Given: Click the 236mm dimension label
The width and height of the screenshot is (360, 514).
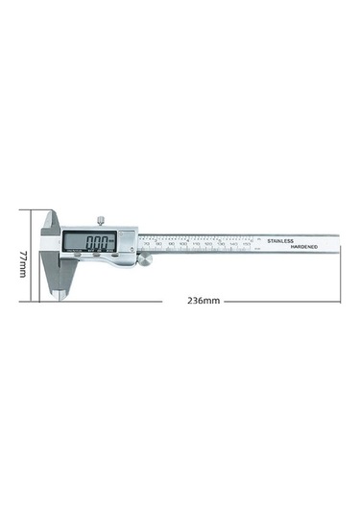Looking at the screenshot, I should click(204, 301).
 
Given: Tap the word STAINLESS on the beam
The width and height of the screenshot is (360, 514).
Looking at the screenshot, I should click(286, 240).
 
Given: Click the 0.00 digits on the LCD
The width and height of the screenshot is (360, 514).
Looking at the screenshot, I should click(97, 243).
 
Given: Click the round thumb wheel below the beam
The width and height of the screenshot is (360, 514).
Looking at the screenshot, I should click(147, 259).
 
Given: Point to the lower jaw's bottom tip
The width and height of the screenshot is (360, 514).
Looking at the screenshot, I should click(62, 296).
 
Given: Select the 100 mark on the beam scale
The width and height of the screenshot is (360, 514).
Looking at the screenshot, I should click(183, 245).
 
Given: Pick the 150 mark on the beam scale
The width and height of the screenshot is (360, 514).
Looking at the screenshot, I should click(246, 245).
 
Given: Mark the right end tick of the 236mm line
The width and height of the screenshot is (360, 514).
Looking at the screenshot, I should click(340, 301).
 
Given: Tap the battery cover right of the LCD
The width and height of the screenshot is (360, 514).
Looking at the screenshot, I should click(128, 241).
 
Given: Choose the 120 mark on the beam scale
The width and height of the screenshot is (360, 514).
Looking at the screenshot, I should click(208, 245).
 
